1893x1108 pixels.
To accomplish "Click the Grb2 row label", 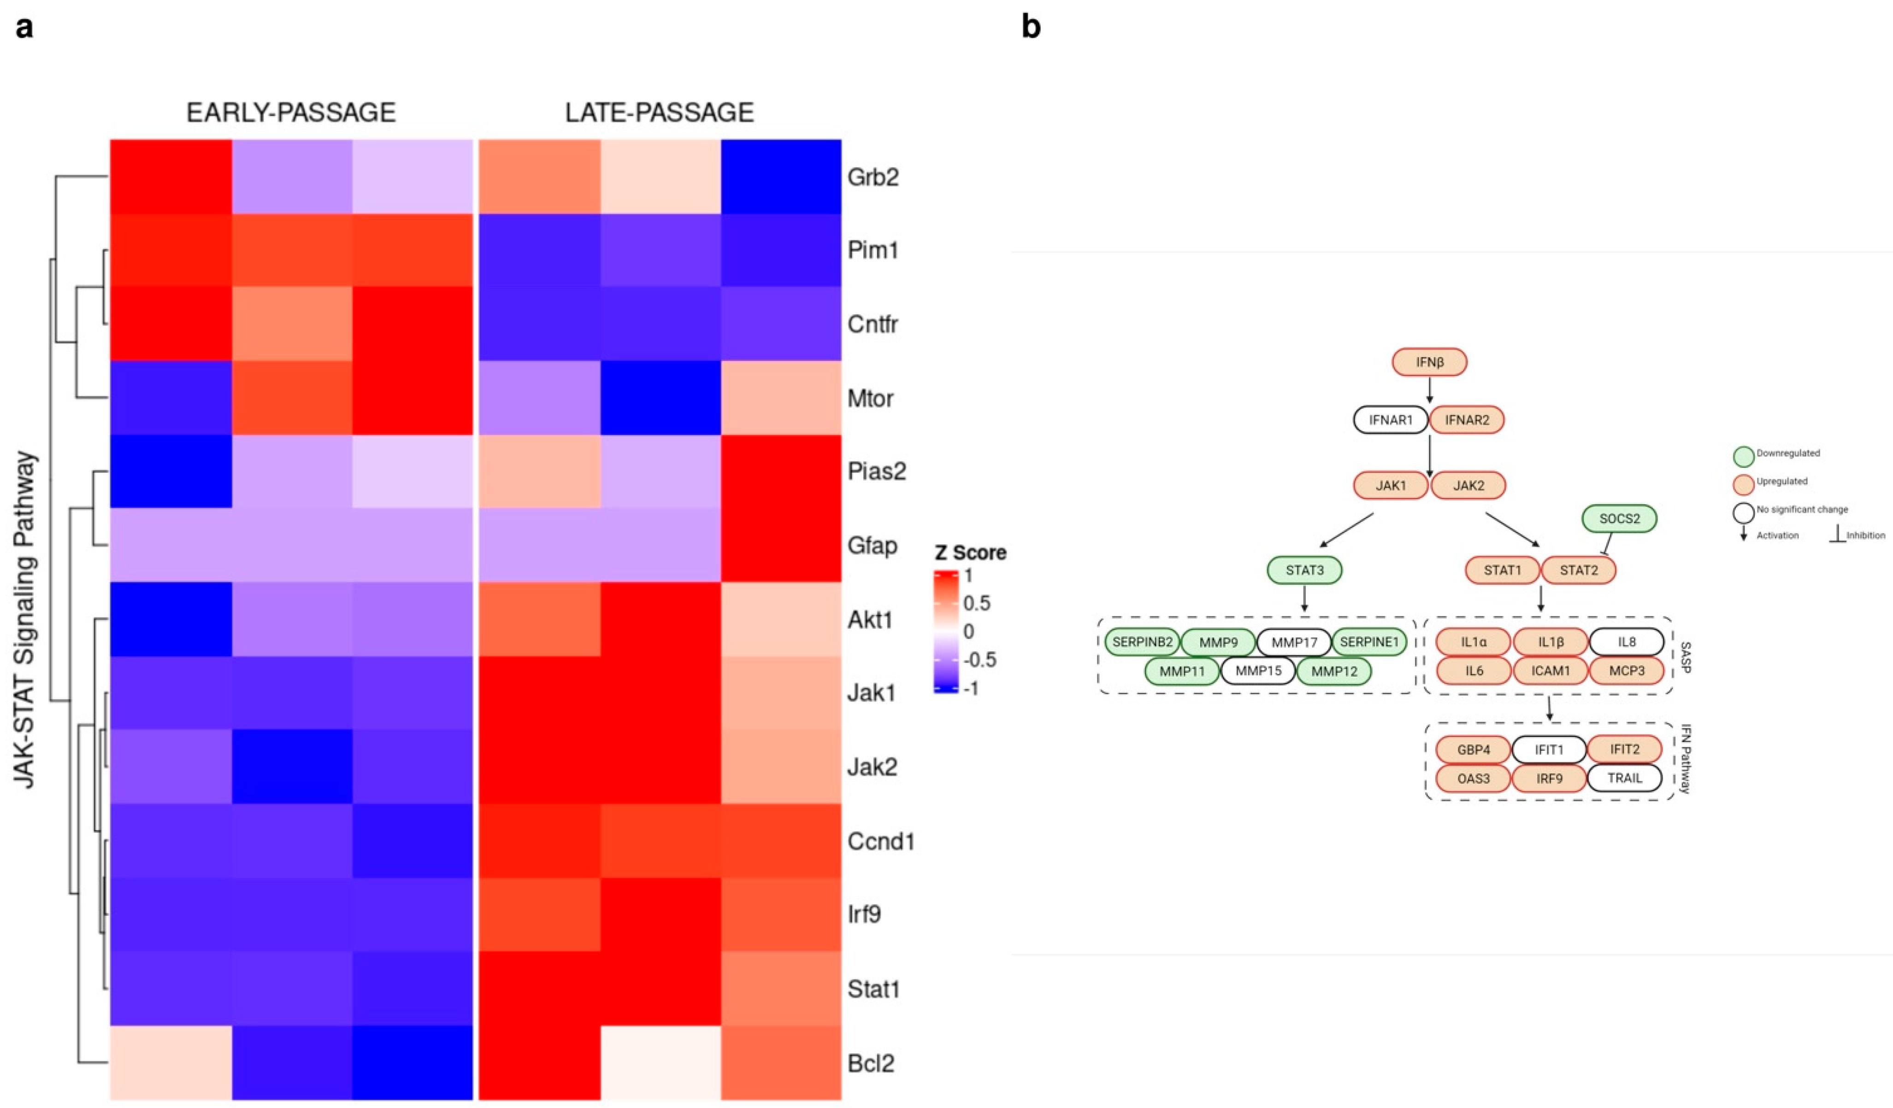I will tap(873, 178).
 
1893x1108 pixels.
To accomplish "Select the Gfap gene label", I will tap(872, 545).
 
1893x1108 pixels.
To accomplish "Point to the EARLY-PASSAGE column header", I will tap(291, 112).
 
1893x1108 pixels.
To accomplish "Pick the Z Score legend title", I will tap(970, 553).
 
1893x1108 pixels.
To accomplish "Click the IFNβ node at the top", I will tap(1429, 362).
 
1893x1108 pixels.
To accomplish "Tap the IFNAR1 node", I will tap(1391, 420).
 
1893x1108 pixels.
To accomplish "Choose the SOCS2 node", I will tap(1619, 519).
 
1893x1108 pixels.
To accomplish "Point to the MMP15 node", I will tap(1258, 671).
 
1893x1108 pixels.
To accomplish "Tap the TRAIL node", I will tap(1624, 778).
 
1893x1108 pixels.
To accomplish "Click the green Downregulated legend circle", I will tap(1744, 456).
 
